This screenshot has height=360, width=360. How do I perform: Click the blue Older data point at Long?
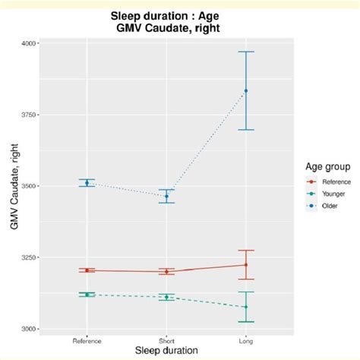point(245,90)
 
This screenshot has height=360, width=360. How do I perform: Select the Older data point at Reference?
point(87,182)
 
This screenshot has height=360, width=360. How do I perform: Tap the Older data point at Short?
point(166,196)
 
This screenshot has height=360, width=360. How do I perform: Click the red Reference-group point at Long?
point(245,265)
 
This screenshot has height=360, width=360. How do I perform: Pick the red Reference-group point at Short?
point(166,271)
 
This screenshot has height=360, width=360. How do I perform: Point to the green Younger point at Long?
point(245,307)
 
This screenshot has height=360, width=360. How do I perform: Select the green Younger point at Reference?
point(87,295)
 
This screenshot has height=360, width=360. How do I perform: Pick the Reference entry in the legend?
point(321,182)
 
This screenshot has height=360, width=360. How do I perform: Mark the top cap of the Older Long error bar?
point(245,52)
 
